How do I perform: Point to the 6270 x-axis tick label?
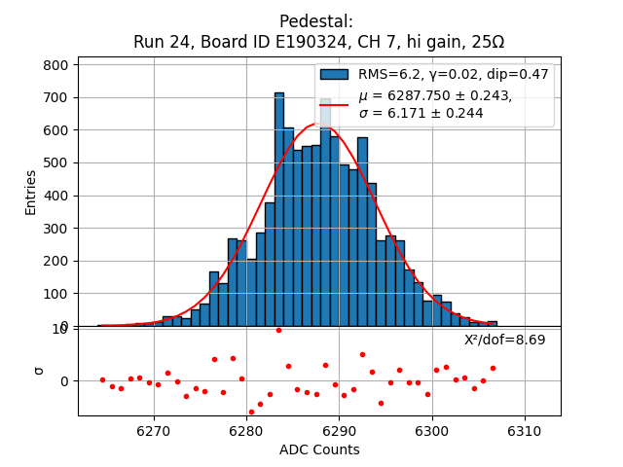tap(153, 430)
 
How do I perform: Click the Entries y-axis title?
tap(31, 192)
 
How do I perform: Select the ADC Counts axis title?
tap(319, 449)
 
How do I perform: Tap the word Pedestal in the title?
tap(316, 21)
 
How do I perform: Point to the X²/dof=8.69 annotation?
tap(504, 341)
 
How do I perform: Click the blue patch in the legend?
tap(334, 75)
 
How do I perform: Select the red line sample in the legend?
tap(334, 104)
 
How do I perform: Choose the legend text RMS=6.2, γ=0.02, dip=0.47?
tap(454, 75)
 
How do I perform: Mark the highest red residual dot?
tap(278, 330)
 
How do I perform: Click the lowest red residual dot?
tap(251, 412)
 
